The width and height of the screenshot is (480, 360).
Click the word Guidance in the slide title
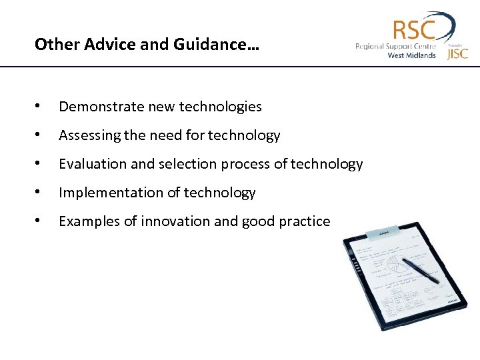click(x=225, y=45)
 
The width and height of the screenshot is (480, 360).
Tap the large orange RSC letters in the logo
click(x=413, y=30)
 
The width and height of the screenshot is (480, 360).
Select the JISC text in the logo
click(x=457, y=53)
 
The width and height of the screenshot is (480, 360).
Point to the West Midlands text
click(x=411, y=55)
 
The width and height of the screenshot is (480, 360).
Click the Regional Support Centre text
click(x=395, y=46)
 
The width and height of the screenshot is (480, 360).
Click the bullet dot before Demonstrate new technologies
click(x=41, y=107)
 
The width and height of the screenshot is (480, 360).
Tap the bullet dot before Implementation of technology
click(x=41, y=193)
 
